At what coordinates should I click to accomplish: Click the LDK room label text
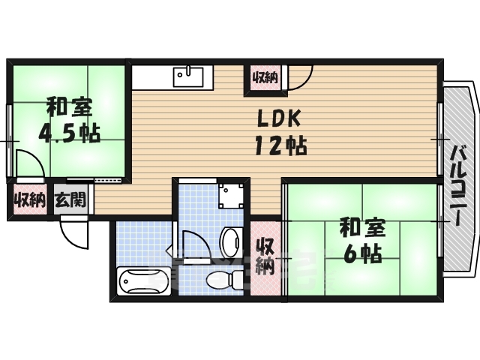coord(280,118)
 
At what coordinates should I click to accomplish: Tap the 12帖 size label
coord(280,145)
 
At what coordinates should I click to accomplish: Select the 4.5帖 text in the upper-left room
coord(70,133)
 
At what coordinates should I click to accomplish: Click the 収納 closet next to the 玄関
coord(29,200)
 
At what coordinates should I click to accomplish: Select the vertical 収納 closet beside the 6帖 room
coord(264,256)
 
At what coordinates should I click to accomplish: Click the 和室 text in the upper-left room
coord(70,104)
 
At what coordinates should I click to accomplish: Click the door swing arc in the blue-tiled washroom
coord(193,244)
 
